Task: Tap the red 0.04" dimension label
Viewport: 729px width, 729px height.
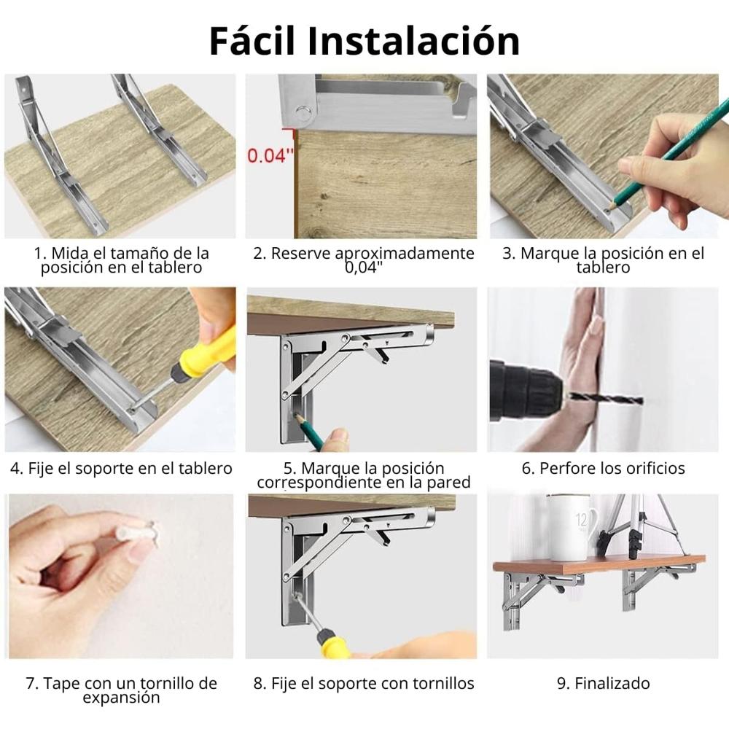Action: [x=270, y=155]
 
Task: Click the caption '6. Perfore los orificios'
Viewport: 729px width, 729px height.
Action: [x=603, y=468]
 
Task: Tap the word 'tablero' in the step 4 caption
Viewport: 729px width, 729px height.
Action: [x=201, y=468]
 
